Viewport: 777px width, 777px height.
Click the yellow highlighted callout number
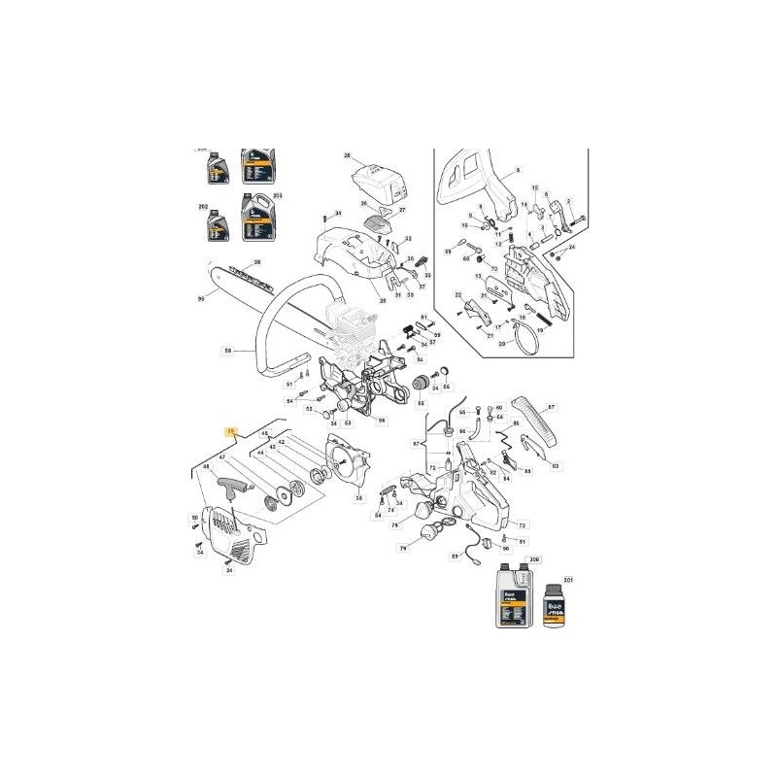click(x=230, y=428)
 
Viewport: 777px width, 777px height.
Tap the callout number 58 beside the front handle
click(x=226, y=351)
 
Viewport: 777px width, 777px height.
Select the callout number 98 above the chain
click(x=257, y=262)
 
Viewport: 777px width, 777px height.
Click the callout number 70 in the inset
click(x=493, y=268)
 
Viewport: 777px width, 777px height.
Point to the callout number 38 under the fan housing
click(x=359, y=498)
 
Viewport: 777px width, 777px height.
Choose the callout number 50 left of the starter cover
click(x=194, y=516)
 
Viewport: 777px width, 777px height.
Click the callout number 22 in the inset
click(x=457, y=294)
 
